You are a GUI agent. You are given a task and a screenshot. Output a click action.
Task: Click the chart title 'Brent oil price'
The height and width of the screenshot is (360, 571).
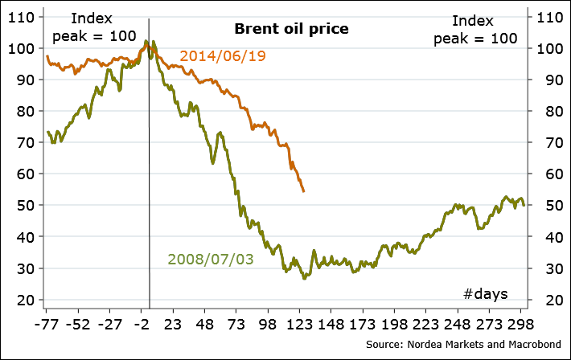point(291,29)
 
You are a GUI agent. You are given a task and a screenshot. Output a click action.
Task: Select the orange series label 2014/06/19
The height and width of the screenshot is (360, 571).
point(223,56)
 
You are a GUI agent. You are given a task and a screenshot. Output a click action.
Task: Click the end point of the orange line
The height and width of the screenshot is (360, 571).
point(303,191)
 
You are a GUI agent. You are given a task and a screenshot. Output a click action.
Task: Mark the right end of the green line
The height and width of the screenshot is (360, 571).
point(524,205)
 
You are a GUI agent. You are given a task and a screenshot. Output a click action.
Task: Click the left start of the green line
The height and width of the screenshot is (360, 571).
point(47,131)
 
